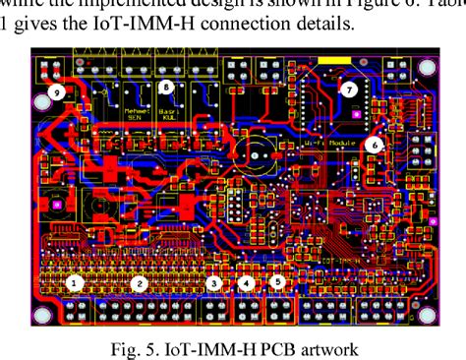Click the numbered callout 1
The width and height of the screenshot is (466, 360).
click(72, 283)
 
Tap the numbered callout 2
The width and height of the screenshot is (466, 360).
click(140, 283)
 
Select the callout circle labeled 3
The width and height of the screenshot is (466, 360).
click(212, 283)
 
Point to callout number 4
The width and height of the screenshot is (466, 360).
click(248, 284)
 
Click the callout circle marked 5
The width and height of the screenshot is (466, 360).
click(278, 282)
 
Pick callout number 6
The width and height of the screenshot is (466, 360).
click(373, 143)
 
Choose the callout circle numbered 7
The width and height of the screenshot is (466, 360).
click(348, 89)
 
